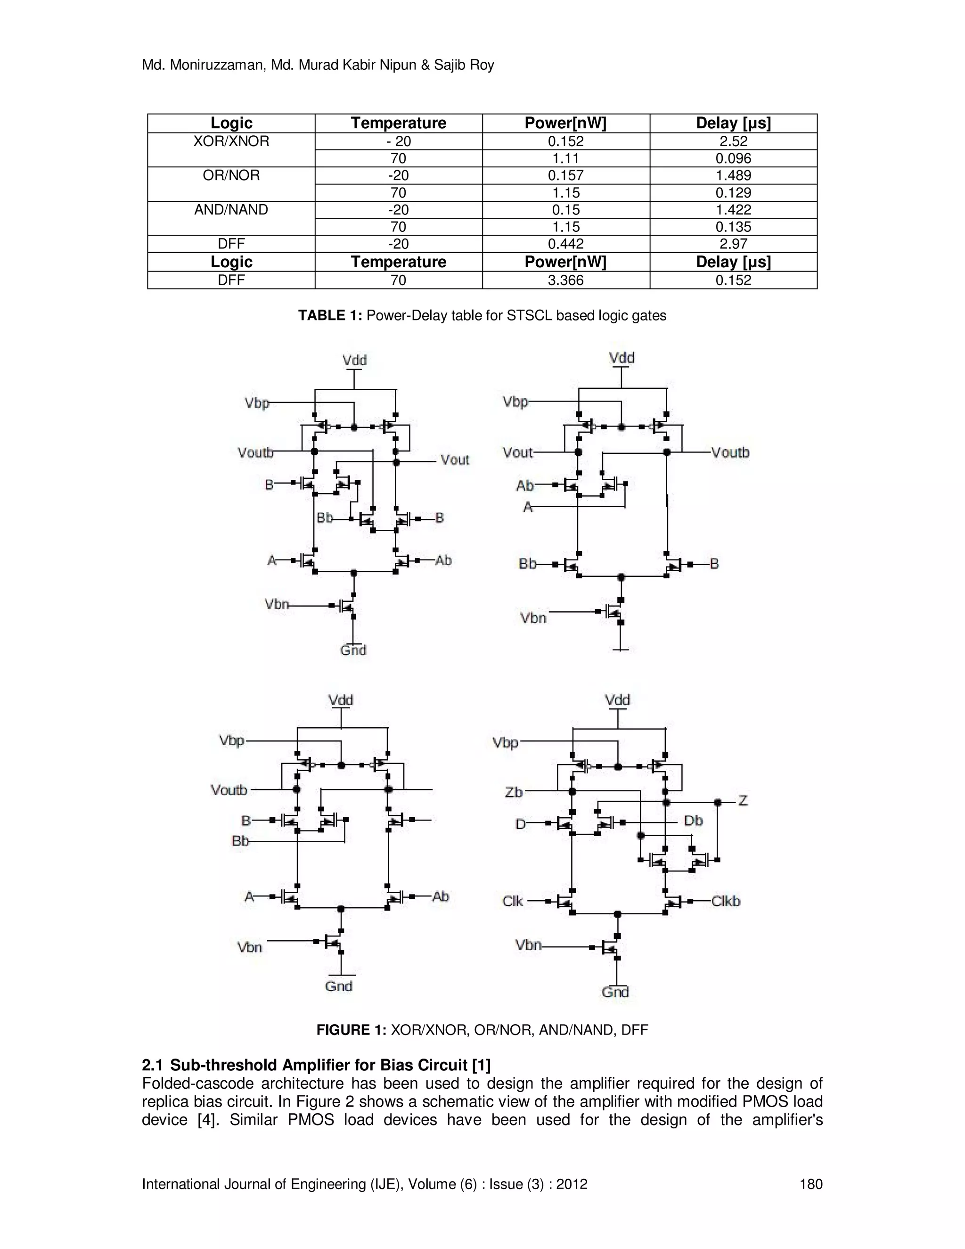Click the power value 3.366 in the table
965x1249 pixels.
tap(565, 280)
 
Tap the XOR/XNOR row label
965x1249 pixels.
tap(231, 141)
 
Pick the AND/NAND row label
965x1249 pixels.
tap(231, 210)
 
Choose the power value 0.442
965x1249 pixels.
tap(565, 244)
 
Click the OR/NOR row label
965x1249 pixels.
tap(231, 176)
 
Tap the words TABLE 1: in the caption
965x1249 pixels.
tap(330, 316)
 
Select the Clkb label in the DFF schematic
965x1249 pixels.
tap(726, 901)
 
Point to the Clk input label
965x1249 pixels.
tap(512, 901)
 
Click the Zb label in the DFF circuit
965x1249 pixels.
tap(514, 792)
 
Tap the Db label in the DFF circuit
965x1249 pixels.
tap(693, 821)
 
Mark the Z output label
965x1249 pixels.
tap(743, 801)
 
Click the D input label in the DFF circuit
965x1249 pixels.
tap(520, 824)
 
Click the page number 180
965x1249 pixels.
tap(810, 1184)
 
